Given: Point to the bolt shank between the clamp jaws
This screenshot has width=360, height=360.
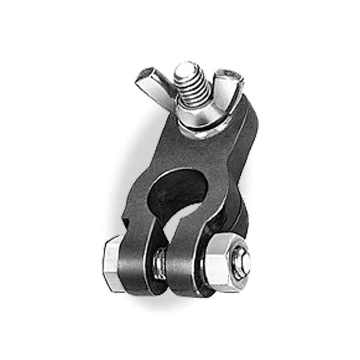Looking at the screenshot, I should [x=160, y=261].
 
